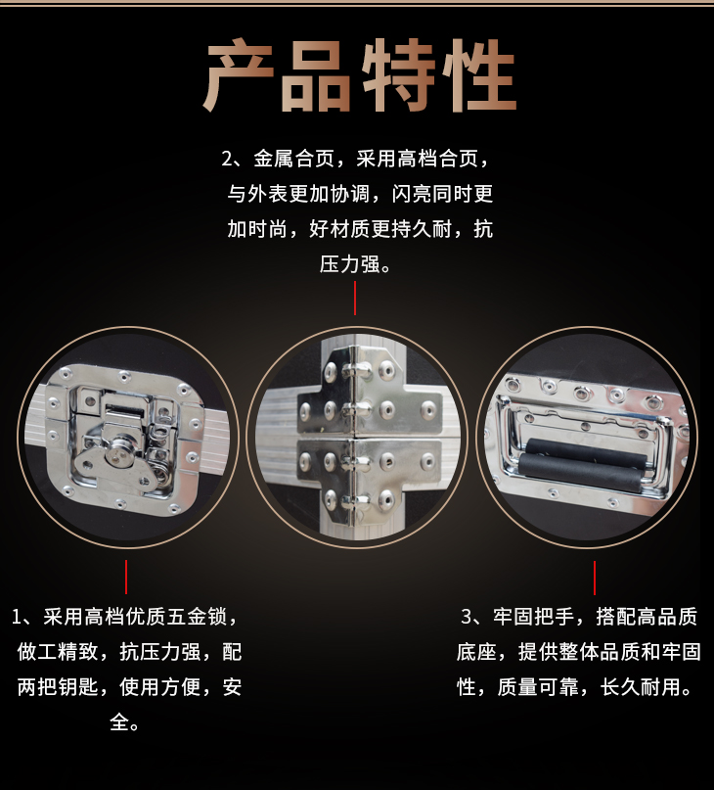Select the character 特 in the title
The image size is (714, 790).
398,74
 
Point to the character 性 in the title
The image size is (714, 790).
479,74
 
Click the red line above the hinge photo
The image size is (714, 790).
355,298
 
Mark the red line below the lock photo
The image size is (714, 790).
126,577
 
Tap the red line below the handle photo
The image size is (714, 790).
595,578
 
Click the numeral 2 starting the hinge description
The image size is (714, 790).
227,160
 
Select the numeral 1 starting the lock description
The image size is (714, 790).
17,617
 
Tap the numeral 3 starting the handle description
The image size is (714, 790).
467,617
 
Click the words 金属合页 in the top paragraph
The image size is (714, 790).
294,159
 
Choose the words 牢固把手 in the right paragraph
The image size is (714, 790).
533,617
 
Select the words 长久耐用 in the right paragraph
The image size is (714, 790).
641,687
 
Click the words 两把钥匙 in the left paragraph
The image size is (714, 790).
58,687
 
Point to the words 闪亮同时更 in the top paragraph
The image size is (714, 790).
442,194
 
